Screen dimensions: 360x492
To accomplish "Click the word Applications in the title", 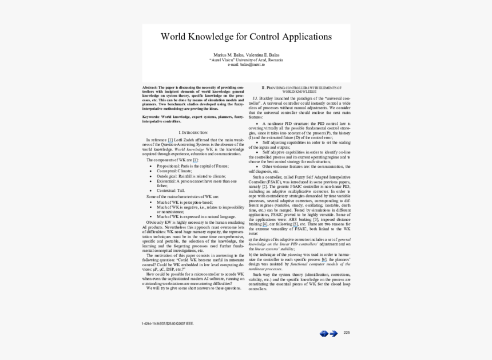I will [306, 37].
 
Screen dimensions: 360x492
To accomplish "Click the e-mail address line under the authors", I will [246, 64].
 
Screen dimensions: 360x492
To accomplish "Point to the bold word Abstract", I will [150, 88].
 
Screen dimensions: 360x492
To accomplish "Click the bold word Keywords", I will [152, 117].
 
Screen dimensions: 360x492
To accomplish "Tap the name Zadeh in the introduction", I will [187, 140].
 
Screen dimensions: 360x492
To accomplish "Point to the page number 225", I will [347, 333].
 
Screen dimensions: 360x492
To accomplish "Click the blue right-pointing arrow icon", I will [333, 333].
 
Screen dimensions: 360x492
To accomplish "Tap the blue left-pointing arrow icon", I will [324, 333].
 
